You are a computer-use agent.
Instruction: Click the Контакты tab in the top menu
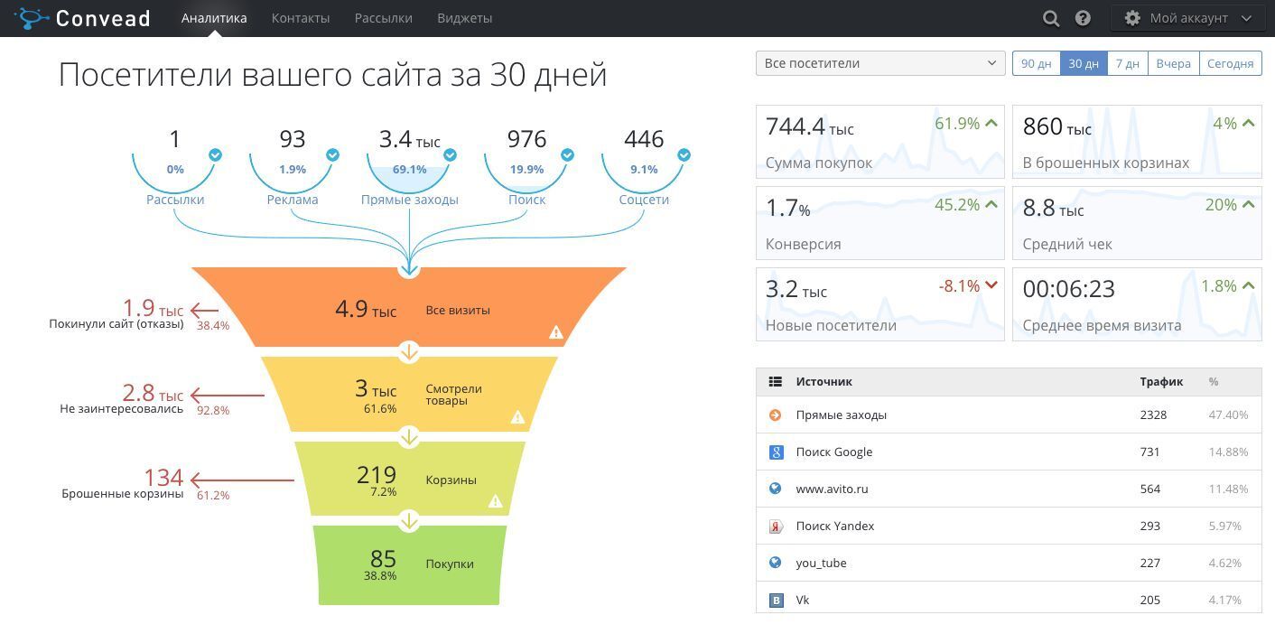pyautogui.click(x=300, y=18)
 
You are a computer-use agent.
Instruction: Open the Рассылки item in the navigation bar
pyautogui.click(x=383, y=18)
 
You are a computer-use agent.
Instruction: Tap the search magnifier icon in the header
pyautogui.click(x=1051, y=18)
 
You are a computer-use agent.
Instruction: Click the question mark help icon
pyautogui.click(x=1083, y=18)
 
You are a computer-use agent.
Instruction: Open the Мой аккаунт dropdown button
pyautogui.click(x=1187, y=18)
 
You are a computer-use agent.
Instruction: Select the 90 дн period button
pyautogui.click(x=1036, y=63)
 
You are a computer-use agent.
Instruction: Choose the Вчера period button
pyautogui.click(x=1173, y=63)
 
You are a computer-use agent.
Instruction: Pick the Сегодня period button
pyautogui.click(x=1230, y=63)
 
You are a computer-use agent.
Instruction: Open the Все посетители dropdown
pyautogui.click(x=879, y=63)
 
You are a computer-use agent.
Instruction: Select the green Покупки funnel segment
pyautogui.click(x=409, y=564)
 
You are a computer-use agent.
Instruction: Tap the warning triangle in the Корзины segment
pyautogui.click(x=495, y=500)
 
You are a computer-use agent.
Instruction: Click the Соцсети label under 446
pyautogui.click(x=644, y=200)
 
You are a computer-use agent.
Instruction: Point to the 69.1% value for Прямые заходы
pyautogui.click(x=409, y=170)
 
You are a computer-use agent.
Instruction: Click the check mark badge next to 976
pyautogui.click(x=567, y=155)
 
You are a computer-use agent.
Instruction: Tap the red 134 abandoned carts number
pyautogui.click(x=163, y=477)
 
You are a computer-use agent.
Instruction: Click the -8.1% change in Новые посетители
pyautogui.click(x=959, y=286)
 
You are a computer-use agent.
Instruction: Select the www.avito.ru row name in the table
pyautogui.click(x=832, y=489)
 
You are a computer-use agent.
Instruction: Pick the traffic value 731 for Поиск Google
pyautogui.click(x=1149, y=452)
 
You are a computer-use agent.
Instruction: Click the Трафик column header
pyautogui.click(x=1161, y=382)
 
